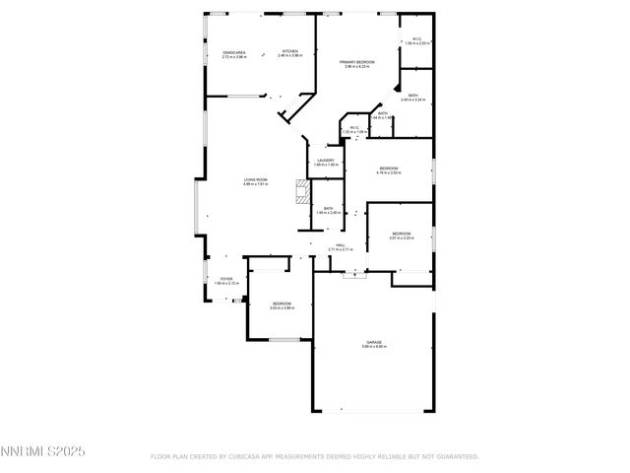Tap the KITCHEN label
click(289, 51)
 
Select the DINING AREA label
click(234, 51)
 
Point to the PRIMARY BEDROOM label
click(357, 62)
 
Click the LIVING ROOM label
click(256, 179)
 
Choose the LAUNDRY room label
click(326, 161)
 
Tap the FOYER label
click(226, 279)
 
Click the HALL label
click(340, 245)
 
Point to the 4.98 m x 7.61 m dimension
click(256, 184)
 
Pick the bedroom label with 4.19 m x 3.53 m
click(389, 169)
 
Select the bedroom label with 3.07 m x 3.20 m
click(400, 233)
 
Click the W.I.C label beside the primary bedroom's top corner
click(417, 39)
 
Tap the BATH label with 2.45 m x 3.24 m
click(413, 96)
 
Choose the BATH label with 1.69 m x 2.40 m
click(328, 208)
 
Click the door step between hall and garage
click(353, 275)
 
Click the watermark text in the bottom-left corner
click(43, 451)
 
